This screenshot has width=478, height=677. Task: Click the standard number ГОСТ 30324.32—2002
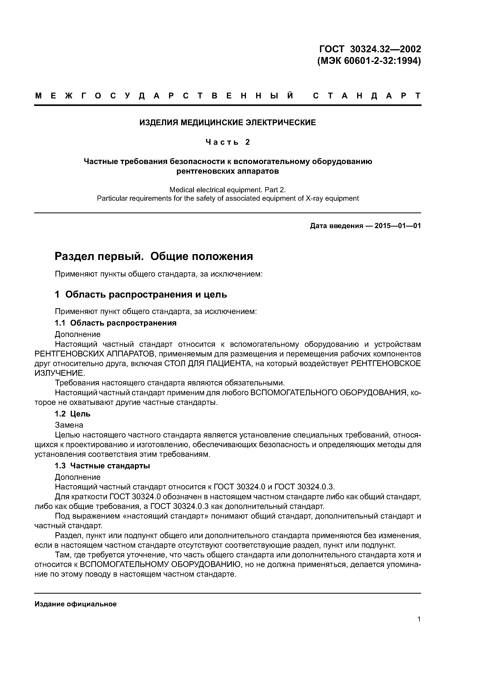pyautogui.click(x=370, y=49)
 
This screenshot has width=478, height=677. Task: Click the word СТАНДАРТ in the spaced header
pyautogui.click(x=367, y=96)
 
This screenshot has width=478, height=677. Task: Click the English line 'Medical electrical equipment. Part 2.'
pyautogui.click(x=227, y=190)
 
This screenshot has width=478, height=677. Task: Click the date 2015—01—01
pyautogui.click(x=398, y=226)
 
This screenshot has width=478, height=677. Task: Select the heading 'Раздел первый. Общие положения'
pyautogui.click(x=154, y=256)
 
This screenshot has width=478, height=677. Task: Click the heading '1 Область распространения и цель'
pyautogui.click(x=141, y=294)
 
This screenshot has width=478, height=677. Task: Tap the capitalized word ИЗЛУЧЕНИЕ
pyautogui.click(x=59, y=373)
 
